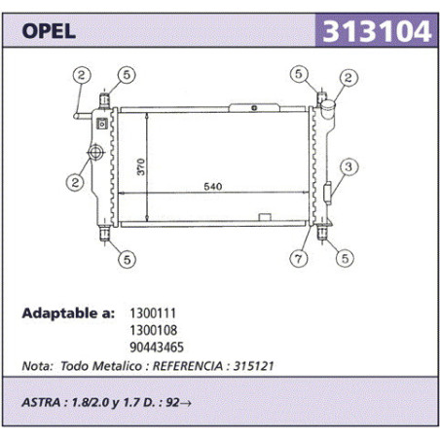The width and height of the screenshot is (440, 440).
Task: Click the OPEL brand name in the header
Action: (x=49, y=31)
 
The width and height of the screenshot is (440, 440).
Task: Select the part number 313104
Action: (x=377, y=31)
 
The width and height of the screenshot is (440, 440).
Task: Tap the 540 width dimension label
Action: (x=213, y=187)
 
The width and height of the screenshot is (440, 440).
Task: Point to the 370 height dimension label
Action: (x=141, y=166)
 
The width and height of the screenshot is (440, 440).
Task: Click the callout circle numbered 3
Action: (x=348, y=167)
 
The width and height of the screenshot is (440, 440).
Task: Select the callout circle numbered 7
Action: (x=299, y=259)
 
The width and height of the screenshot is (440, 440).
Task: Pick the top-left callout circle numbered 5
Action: (x=127, y=75)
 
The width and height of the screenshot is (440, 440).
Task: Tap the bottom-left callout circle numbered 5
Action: (x=127, y=259)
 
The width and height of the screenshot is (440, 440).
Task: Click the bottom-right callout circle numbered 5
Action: (x=345, y=258)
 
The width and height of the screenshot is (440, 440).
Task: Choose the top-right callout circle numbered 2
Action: (x=348, y=78)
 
